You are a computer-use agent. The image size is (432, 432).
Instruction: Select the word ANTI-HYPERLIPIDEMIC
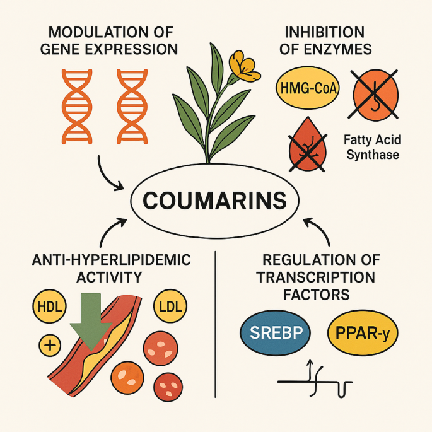tap(110, 260)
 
